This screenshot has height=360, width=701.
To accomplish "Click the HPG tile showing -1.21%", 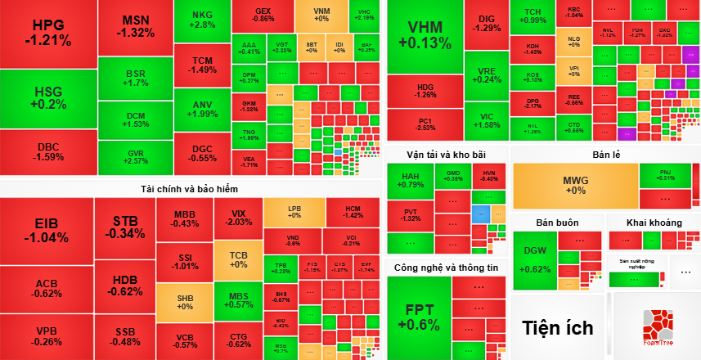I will (47, 33).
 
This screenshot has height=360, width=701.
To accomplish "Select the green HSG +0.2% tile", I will (47, 98).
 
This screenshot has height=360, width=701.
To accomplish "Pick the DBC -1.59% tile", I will (47, 151).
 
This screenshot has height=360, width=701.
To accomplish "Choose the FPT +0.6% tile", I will (418, 317).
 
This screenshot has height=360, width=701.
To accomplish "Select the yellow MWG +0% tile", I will (574, 186).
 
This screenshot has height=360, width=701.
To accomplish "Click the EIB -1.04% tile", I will (47, 231).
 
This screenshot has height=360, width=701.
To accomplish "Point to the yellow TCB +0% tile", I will (238, 259).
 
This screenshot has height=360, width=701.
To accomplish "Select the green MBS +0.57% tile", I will (238, 299).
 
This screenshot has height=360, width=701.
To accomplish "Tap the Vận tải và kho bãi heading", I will (446, 155).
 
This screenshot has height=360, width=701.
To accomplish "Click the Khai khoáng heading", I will (654, 223).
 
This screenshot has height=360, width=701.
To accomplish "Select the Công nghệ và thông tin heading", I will (446, 268).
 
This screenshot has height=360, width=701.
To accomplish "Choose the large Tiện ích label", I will (558, 328).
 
